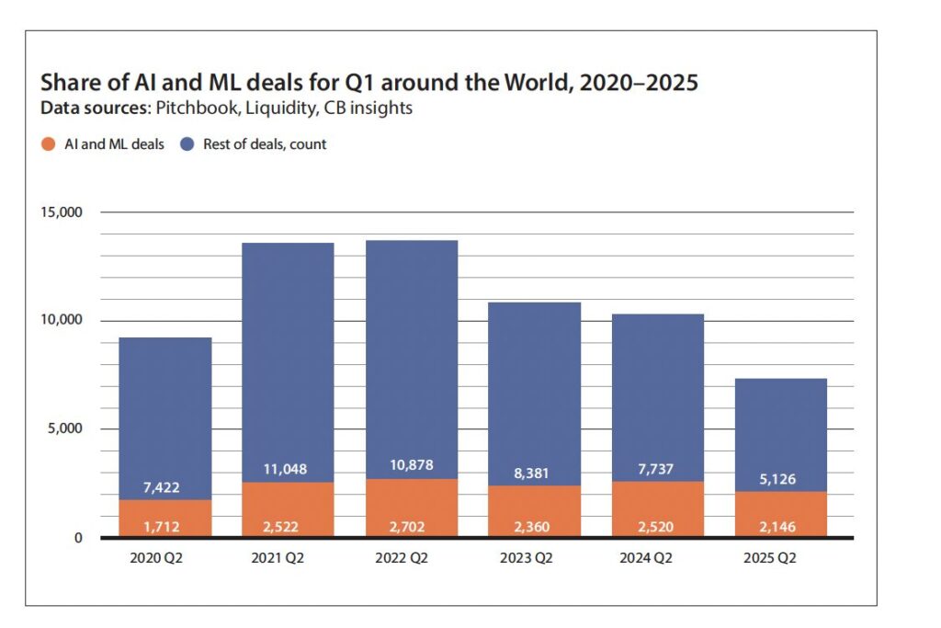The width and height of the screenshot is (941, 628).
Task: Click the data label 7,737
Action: click(x=657, y=470)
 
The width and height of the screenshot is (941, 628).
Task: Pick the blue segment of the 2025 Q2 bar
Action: click(x=780, y=432)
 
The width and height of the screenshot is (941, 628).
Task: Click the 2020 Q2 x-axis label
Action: click(x=164, y=558)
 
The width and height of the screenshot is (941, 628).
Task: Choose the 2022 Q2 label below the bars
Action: click(x=411, y=558)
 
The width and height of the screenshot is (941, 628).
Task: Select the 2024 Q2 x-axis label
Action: click(x=657, y=558)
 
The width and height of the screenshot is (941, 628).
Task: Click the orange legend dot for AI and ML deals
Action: click(x=46, y=144)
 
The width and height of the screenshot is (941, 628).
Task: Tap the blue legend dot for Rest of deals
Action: click(x=187, y=144)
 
